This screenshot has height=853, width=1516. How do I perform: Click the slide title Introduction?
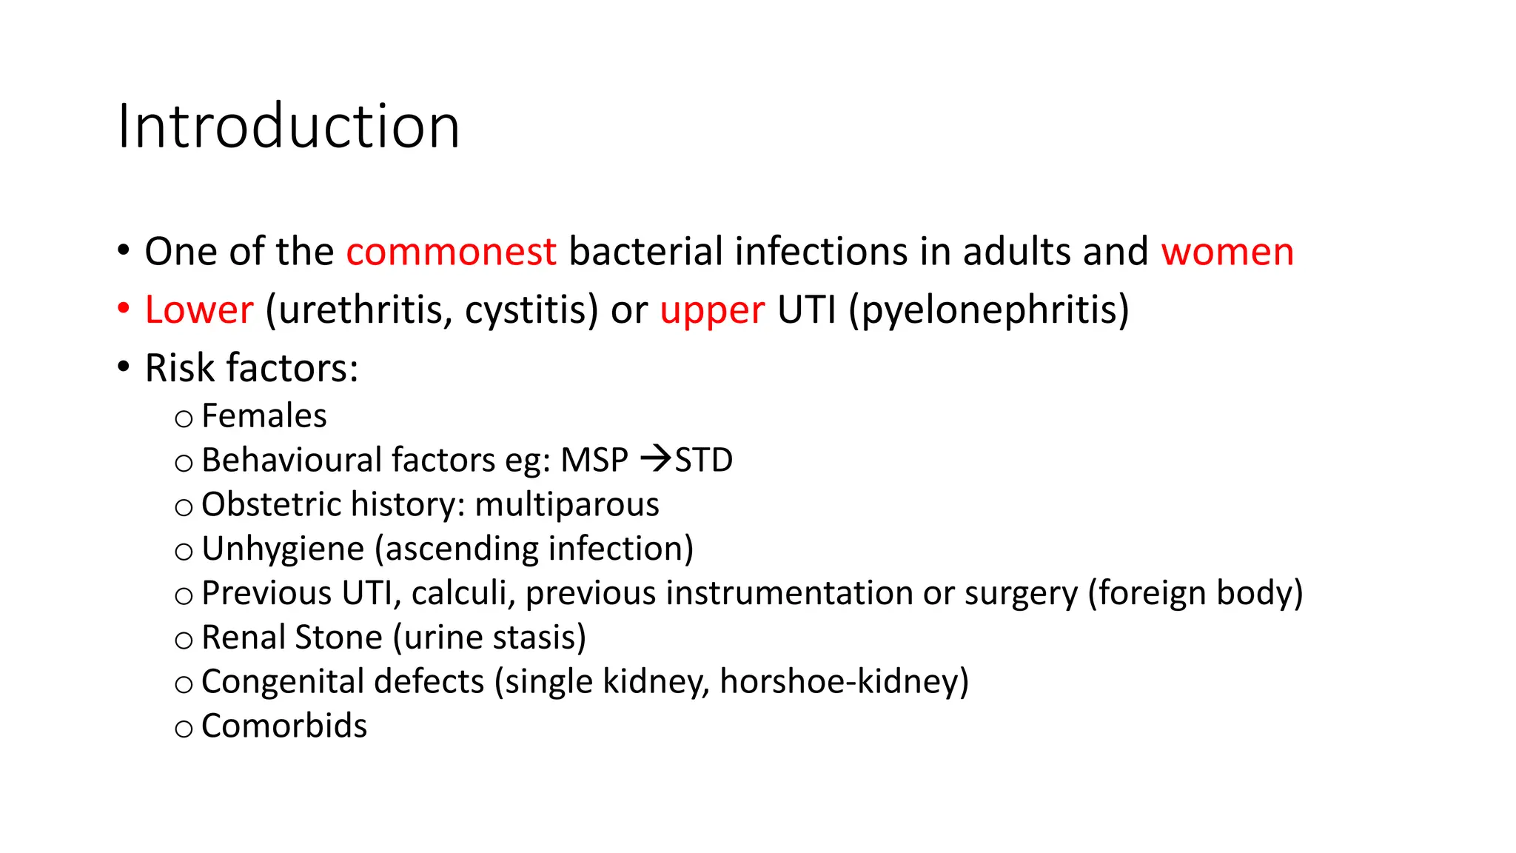(289, 127)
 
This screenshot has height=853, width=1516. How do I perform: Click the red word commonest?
(451, 252)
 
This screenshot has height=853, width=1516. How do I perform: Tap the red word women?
(1227, 252)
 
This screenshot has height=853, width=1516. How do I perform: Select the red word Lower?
(199, 310)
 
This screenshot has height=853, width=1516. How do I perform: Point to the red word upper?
(711, 311)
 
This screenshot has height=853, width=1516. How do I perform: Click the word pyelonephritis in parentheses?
(989, 311)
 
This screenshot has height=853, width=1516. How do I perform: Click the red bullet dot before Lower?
(124, 308)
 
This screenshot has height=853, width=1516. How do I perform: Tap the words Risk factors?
(252, 368)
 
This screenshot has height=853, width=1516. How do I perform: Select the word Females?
(264, 416)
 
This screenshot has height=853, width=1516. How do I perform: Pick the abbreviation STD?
(703, 461)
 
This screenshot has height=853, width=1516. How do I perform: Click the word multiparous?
(566, 505)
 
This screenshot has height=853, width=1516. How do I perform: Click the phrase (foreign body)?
(1195, 593)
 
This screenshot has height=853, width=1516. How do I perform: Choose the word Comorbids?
(284, 726)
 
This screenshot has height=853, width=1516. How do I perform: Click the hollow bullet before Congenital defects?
(184, 685)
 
